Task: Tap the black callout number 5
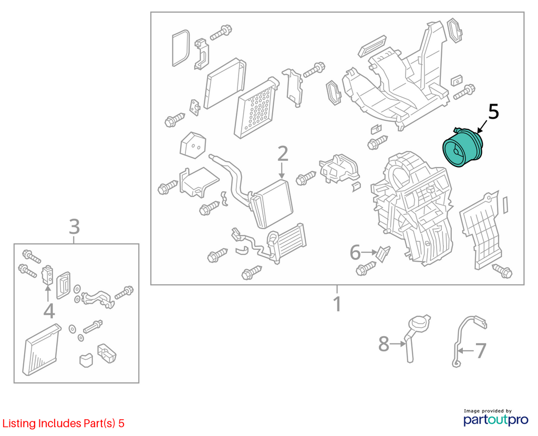[493, 112]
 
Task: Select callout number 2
[282, 154]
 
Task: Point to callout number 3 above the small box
[75, 227]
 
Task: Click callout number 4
[49, 311]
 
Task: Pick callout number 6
[355, 253]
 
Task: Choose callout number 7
[480, 350]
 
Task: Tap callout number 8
[384, 344]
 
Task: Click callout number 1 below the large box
[338, 304]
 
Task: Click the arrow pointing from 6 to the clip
[369, 252]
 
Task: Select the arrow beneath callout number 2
[282, 170]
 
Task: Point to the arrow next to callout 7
[466, 350]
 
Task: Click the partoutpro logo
[495, 417]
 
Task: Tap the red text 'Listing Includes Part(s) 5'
[63, 423]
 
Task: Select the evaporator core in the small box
[41, 349]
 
